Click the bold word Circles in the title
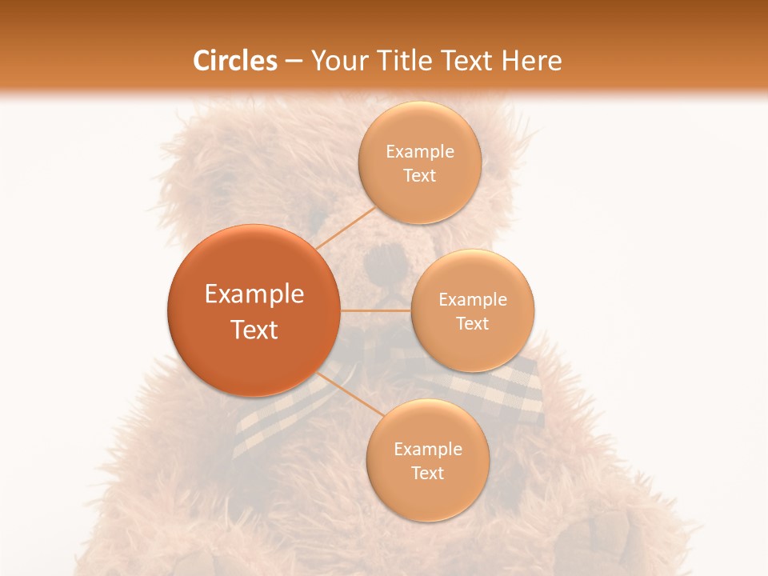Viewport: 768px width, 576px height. click(x=235, y=61)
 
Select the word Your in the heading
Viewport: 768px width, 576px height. click(x=336, y=61)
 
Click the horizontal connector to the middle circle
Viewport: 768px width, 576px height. click(x=375, y=310)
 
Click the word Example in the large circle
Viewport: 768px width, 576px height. click(x=254, y=294)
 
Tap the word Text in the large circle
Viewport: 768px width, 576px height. click(x=254, y=330)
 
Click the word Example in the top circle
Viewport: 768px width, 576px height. click(x=420, y=152)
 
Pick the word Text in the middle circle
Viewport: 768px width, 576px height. click(x=473, y=324)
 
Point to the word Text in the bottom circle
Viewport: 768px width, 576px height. click(x=427, y=474)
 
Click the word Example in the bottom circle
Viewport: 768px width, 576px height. click(x=428, y=450)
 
